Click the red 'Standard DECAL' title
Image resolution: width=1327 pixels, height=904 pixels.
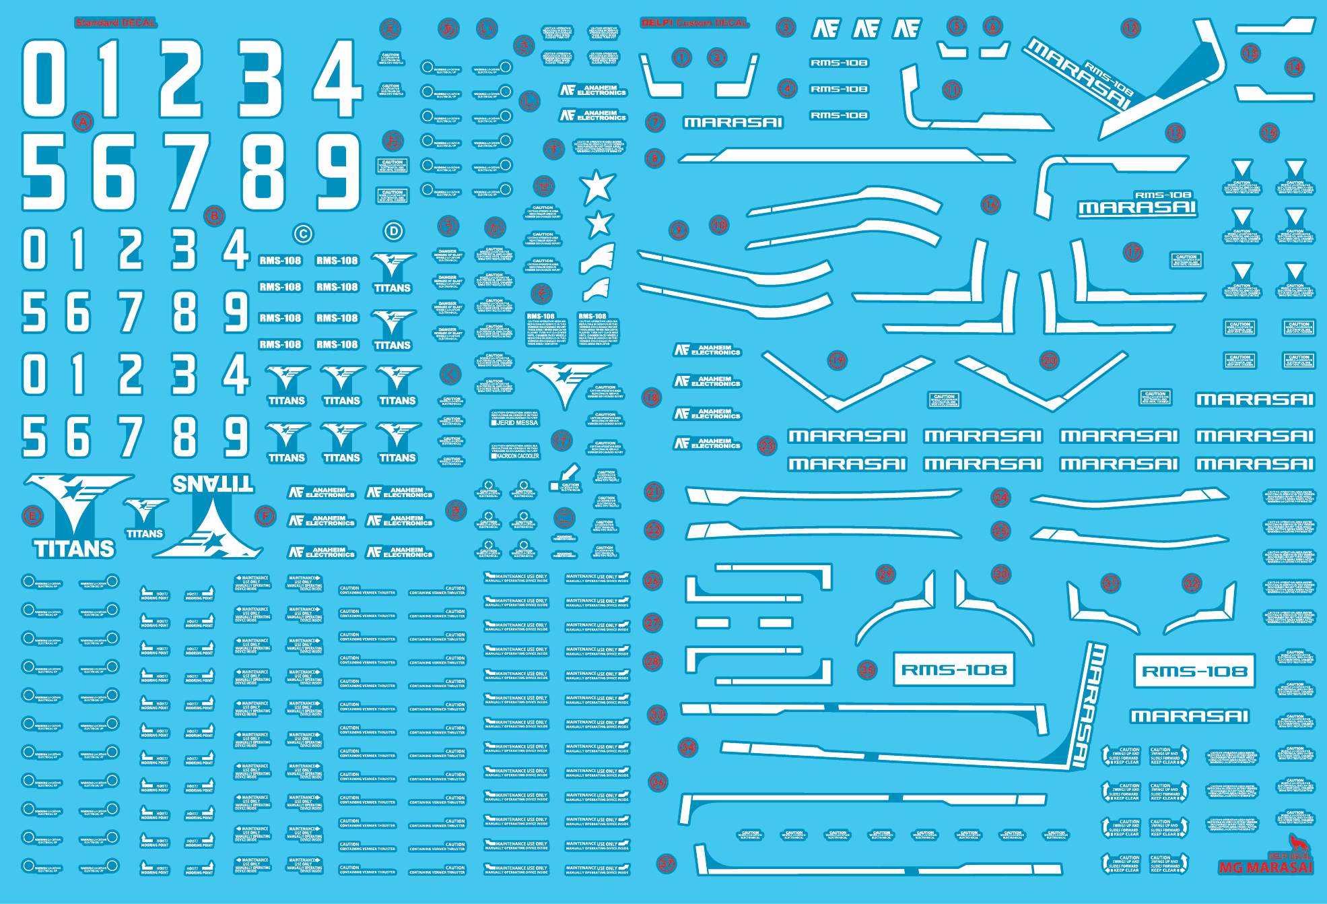pos(116,23)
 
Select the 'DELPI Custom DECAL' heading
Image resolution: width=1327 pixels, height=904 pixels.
pos(694,23)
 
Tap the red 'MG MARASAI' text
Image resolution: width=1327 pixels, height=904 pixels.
pos(1265,868)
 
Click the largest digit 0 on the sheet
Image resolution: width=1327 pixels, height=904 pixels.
pos(44,78)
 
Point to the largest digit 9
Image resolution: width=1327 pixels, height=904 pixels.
pos(339,171)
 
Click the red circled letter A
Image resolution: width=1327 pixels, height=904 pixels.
pos(83,122)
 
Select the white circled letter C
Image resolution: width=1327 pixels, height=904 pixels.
pos(303,234)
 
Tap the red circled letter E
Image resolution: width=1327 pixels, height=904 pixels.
pos(32,517)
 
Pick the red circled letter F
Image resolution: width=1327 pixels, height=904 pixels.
pos(266,517)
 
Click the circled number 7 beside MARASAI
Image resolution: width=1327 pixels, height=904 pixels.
pos(655,123)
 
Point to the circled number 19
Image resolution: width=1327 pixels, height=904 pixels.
pos(837,360)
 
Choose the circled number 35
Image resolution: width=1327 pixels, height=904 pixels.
pos(867,670)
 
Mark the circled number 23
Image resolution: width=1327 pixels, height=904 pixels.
pos(768,445)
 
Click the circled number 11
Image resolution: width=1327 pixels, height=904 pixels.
pos(952,90)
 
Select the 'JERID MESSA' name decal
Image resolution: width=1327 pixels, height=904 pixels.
pos(515,422)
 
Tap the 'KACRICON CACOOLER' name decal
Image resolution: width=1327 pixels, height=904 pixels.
pos(515,456)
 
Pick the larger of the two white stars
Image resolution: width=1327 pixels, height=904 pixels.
pos(597,187)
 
